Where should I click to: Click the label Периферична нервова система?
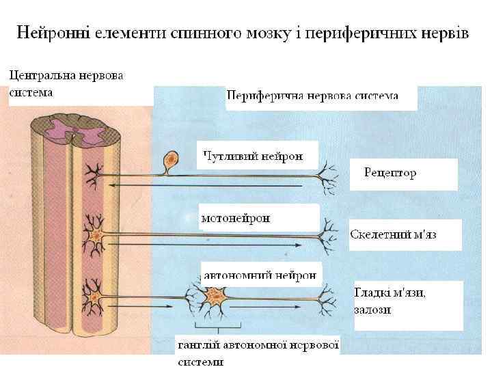312,96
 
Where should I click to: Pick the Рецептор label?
390,173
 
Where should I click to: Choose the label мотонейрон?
236,219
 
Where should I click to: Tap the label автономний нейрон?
260,275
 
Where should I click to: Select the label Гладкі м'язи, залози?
389,301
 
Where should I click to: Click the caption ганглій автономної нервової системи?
258,352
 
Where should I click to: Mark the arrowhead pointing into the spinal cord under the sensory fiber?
114,184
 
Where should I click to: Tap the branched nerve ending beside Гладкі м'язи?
330,297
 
